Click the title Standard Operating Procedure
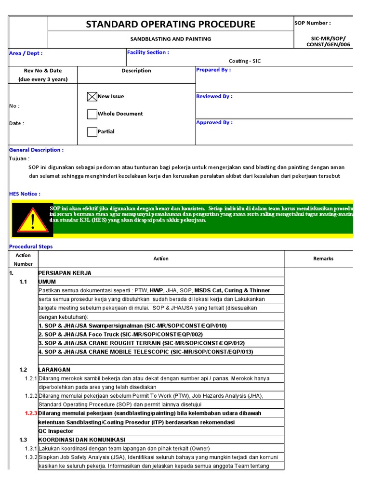point(171,24)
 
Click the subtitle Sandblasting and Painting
point(171,39)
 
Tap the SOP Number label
point(312,23)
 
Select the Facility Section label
point(148,52)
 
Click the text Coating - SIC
point(245,61)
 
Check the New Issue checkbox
point(92,97)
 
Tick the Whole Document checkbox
point(92,114)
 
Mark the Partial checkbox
point(92,131)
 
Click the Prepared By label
point(213,70)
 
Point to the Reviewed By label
point(214,96)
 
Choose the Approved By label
point(214,122)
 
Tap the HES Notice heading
point(25,194)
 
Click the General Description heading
point(36,150)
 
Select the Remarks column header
point(323,259)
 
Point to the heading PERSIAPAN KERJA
point(65,273)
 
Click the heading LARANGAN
point(54,370)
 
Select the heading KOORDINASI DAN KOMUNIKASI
point(82,440)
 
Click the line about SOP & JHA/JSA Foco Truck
point(120,335)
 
